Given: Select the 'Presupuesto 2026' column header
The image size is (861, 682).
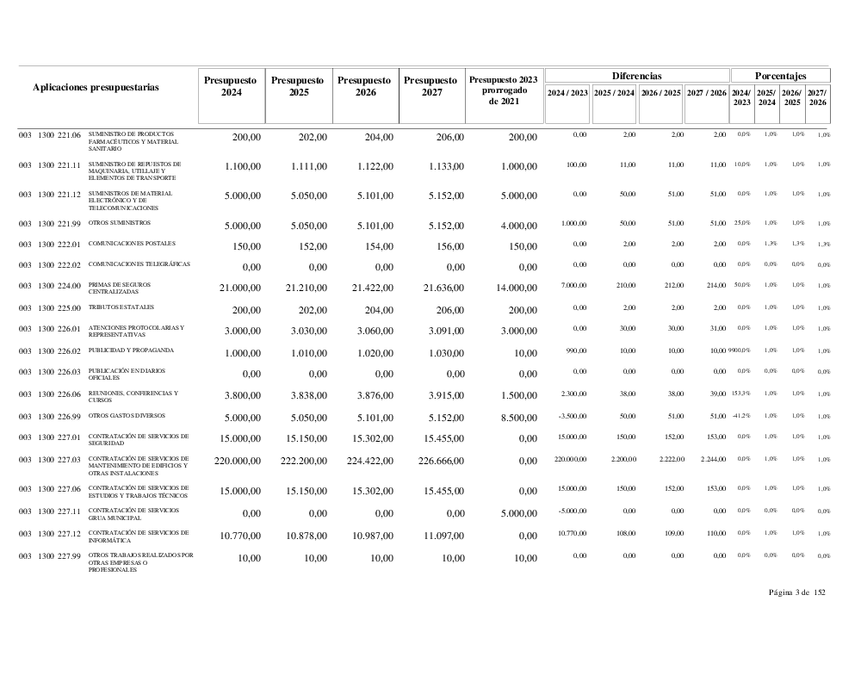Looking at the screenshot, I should pos(366,86).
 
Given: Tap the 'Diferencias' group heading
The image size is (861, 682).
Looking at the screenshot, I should pos(636,77).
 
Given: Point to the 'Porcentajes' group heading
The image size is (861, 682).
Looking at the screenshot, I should pos(780,77).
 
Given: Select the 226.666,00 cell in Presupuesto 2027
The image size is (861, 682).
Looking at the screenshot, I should pos(436,462).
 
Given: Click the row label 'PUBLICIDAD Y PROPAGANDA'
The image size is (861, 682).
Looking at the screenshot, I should pos(132,350).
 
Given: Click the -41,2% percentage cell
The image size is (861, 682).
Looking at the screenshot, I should pos(740,415).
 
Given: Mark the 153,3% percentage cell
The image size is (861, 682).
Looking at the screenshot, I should pos(740,394).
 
